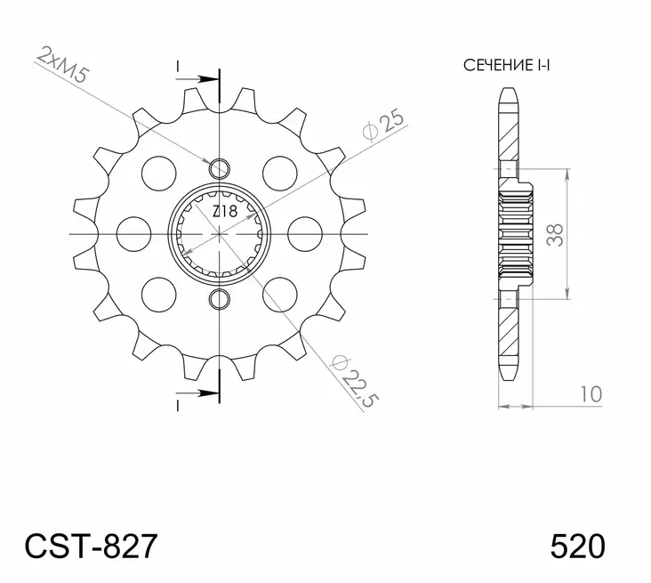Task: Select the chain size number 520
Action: point(577,544)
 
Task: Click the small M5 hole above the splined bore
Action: point(219,168)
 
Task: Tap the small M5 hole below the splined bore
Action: point(219,298)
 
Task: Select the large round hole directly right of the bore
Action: point(305,233)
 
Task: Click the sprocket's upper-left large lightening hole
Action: point(160,169)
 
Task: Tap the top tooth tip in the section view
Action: point(508,93)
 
